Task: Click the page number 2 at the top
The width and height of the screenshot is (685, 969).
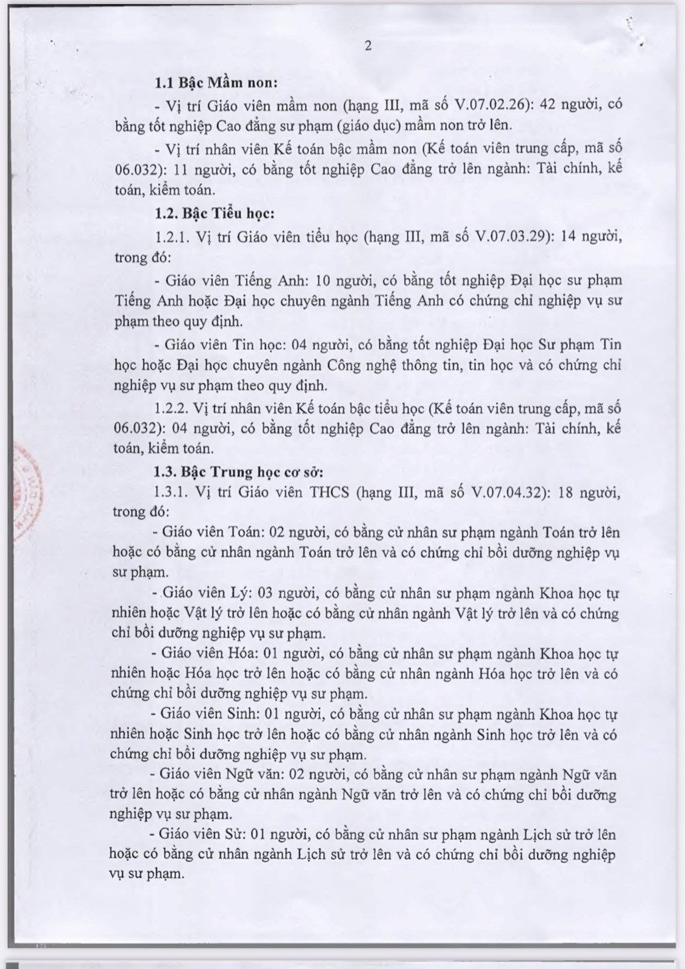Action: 368,47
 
